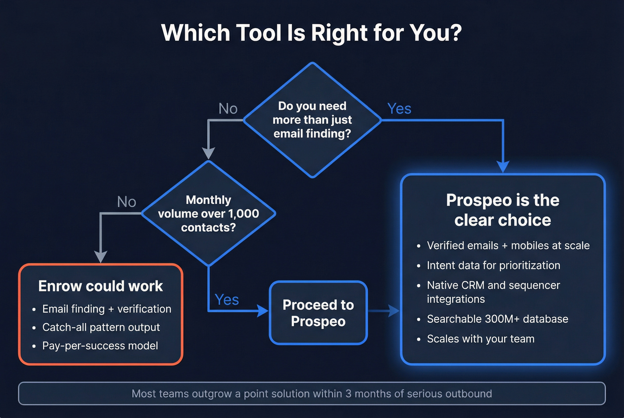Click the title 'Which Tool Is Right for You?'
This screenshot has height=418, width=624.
312,33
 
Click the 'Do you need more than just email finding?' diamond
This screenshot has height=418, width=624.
312,120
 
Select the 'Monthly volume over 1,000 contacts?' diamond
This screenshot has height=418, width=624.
208,214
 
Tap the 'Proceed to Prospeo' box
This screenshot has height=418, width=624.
318,313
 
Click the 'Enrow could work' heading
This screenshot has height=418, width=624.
100,286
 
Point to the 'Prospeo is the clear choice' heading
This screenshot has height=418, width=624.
502,210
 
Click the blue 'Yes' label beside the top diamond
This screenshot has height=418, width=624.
399,109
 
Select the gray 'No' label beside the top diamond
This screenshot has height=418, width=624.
228,109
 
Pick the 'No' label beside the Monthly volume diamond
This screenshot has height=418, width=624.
126,202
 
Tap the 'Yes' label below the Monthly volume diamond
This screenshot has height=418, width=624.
226,300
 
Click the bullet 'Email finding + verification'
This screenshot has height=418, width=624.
107,309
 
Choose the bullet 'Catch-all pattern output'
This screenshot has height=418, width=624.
101,327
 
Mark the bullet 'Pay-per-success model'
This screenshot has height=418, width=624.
100,346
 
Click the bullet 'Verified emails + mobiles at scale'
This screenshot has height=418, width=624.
508,246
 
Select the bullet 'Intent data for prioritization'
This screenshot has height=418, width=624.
493,265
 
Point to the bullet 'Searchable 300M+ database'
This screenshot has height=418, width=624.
497,319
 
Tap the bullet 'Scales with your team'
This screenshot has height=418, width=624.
480,339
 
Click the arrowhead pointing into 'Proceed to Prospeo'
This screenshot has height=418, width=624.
263,311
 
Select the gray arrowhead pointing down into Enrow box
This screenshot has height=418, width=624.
101,257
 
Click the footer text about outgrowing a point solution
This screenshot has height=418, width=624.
312,394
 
